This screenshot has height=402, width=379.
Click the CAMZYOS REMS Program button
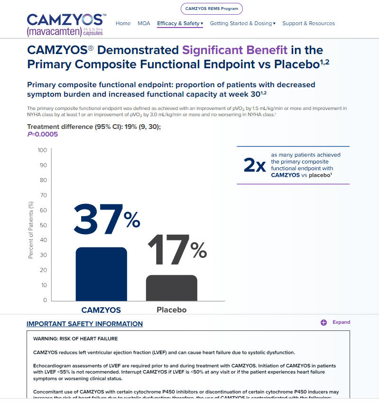point(212,9)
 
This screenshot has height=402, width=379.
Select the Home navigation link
point(123,23)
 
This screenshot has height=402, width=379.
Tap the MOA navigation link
point(144,23)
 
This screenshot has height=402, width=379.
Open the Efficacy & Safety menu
point(180,23)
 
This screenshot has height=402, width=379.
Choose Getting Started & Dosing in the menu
point(242,23)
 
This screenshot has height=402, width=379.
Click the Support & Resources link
point(308,23)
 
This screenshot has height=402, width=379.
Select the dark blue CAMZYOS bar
point(101,274)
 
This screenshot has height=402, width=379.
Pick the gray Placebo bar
point(171,287)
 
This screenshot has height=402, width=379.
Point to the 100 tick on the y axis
point(42,150)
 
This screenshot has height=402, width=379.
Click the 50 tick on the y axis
point(43,225)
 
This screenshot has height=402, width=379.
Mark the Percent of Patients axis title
point(31,230)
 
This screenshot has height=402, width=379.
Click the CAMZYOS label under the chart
point(101,311)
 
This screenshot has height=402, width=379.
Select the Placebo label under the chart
point(171,310)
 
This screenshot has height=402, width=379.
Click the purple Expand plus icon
point(324,322)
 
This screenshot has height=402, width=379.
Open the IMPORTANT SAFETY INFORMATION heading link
point(84,324)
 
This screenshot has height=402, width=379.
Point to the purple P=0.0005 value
point(42,134)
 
